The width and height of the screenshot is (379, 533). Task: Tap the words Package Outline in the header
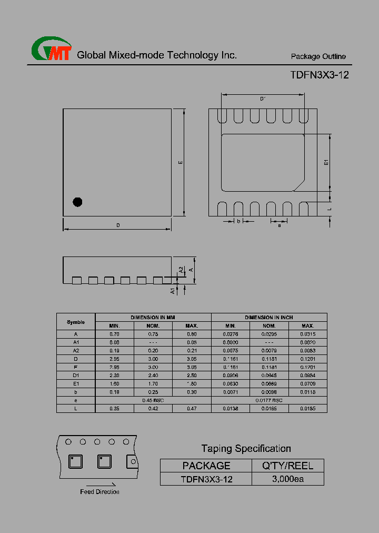(x=318, y=57)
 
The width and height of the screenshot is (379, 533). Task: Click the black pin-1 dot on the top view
(x=77, y=202)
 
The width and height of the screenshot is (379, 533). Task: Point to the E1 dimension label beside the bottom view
(x=326, y=163)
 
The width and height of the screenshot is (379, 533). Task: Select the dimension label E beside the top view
(x=180, y=163)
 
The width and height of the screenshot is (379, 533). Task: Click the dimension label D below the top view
(x=118, y=225)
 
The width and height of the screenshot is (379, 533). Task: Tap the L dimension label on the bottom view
(x=330, y=209)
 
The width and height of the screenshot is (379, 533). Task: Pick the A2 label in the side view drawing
(x=181, y=270)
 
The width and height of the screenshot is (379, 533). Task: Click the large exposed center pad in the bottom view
(x=263, y=162)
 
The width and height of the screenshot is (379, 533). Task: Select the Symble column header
(x=76, y=322)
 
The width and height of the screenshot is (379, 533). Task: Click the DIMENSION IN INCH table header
(x=268, y=318)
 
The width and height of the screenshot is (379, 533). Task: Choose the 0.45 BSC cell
(x=153, y=400)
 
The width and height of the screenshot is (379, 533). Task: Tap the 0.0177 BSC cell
(x=268, y=400)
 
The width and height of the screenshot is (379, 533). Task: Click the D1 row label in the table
(x=76, y=376)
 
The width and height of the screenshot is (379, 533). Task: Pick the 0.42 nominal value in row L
(x=153, y=409)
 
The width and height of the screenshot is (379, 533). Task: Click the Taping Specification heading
(x=246, y=449)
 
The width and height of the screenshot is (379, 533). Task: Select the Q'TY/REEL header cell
(x=287, y=466)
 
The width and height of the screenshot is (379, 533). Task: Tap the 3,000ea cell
(x=287, y=479)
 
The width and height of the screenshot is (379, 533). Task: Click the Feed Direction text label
(x=99, y=492)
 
